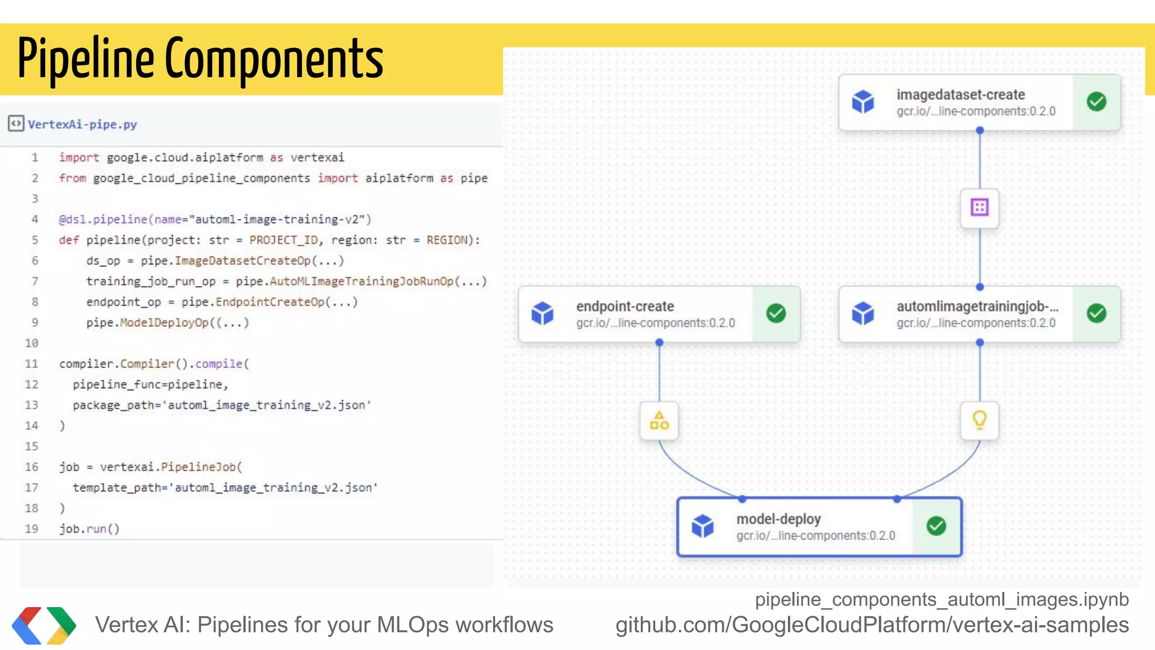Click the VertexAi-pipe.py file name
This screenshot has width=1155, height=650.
tap(82, 124)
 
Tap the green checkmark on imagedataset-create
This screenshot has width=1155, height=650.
tap(1096, 102)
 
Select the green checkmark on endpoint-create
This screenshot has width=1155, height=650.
tap(776, 313)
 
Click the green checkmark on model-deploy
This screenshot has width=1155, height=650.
tap(936, 526)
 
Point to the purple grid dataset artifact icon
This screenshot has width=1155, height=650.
tap(980, 208)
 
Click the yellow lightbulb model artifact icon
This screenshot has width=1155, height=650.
tap(980, 420)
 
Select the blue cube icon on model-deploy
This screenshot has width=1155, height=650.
tap(703, 526)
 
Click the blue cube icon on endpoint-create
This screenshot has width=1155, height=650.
tap(543, 313)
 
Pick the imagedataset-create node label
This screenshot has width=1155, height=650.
tap(960, 95)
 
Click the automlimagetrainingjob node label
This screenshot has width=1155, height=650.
tap(977, 306)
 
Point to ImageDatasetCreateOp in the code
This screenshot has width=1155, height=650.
tap(243, 261)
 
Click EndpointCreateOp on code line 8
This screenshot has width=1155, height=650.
tap(270, 302)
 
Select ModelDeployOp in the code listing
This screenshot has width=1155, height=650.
tap(164, 323)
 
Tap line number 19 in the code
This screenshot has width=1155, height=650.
tap(32, 529)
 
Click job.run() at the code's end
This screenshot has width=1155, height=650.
tap(89, 529)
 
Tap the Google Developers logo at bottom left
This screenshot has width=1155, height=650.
tap(44, 625)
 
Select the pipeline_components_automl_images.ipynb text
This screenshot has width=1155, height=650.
tap(942, 599)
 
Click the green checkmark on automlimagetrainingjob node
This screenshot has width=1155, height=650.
tap(1096, 313)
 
